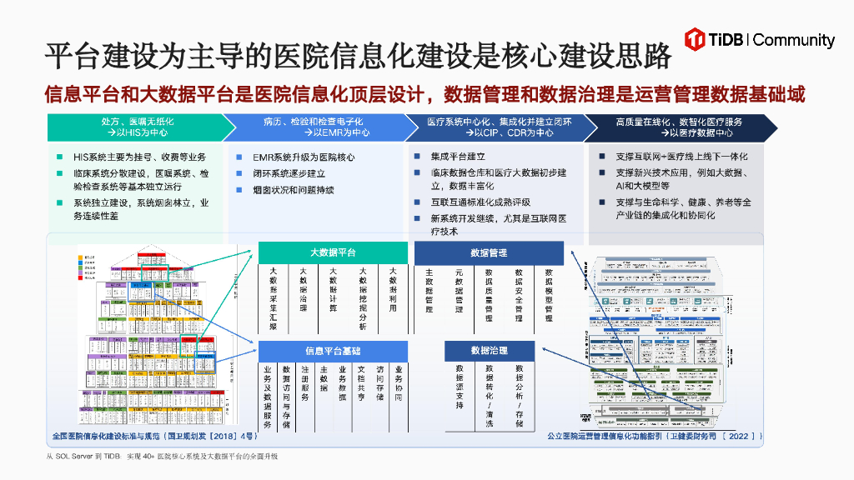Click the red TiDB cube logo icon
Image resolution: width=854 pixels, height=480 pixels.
[696, 39]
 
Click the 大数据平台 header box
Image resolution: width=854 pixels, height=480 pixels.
[333, 252]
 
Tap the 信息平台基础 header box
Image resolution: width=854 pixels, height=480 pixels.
[333, 351]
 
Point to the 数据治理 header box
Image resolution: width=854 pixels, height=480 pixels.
[489, 351]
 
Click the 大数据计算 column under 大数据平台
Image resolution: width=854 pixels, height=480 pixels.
[333, 290]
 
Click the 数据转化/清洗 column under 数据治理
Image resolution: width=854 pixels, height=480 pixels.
[489, 395]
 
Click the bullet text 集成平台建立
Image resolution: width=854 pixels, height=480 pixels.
[458, 157]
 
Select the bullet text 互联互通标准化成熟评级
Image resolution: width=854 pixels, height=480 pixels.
[480, 202]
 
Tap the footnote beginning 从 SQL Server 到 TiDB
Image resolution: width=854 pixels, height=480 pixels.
[162, 457]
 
